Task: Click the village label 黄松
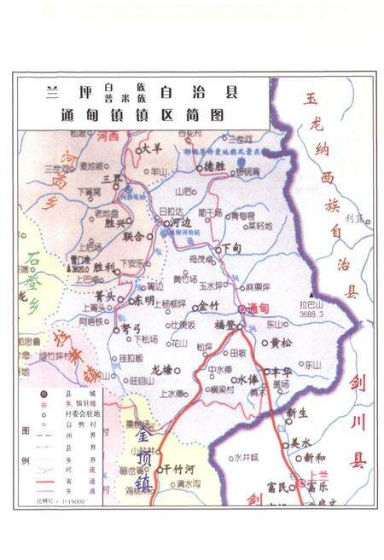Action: [x=282, y=344]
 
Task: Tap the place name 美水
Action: [x=300, y=442]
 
